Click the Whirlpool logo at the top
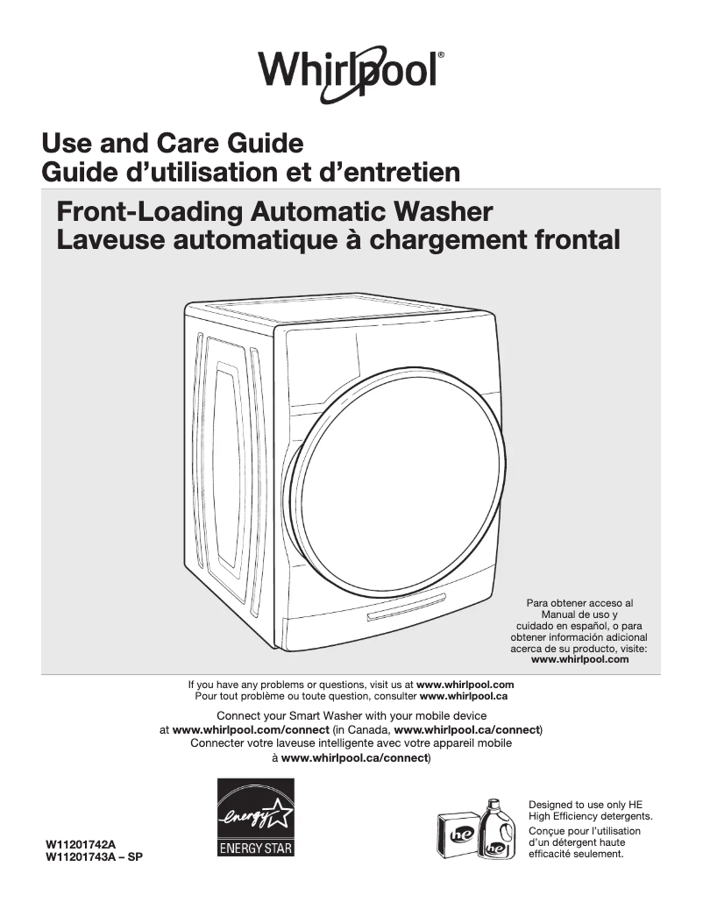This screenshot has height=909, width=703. point(351,67)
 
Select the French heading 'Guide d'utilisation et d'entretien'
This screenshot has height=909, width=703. point(251,172)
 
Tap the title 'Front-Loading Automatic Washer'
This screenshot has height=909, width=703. point(274,211)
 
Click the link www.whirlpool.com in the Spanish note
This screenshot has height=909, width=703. point(580,659)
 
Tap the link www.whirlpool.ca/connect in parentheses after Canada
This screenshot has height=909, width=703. point(466,729)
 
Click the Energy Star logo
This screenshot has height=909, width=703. point(256,817)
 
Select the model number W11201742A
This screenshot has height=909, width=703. point(81,843)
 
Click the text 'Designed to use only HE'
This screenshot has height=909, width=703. point(585,804)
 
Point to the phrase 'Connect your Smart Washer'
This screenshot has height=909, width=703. point(278,715)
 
